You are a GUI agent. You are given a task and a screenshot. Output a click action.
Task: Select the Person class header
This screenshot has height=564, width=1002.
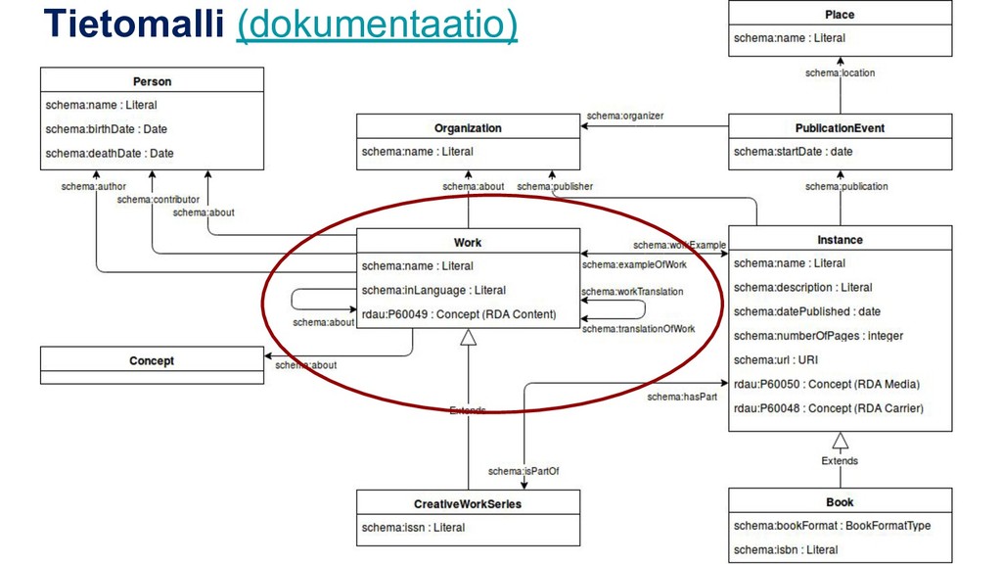pos(152,80)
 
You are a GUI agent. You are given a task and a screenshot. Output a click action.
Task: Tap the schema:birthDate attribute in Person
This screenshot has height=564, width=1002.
pos(106,129)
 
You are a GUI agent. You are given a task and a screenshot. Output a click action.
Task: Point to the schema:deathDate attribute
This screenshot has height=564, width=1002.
pos(109,153)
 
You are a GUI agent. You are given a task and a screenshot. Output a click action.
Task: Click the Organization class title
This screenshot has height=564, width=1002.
pos(468,127)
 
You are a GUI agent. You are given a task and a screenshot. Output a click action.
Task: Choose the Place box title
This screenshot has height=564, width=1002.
pos(840,15)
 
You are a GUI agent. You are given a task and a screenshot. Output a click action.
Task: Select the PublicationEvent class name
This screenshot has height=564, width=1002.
pos(840,127)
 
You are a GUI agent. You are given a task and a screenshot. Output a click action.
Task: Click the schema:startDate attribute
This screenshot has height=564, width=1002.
pos(793,152)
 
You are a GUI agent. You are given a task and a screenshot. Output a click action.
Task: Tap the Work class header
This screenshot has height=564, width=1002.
pos(468,242)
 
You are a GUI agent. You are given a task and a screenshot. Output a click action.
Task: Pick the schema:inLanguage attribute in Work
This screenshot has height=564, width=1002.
pos(433,290)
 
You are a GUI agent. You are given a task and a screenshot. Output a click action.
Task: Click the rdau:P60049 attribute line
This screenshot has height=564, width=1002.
pos(458,314)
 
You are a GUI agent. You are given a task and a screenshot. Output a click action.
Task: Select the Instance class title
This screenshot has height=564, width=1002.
pos(840,239)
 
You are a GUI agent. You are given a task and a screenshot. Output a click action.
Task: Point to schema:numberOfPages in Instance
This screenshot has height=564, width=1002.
pos(818,336)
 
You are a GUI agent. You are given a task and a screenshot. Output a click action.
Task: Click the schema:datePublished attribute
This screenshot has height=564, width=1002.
pos(806,311)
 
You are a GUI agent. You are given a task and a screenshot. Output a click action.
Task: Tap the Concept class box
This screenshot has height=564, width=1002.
pos(152,361)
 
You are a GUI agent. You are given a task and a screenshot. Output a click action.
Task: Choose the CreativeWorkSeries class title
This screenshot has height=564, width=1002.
pos(468,503)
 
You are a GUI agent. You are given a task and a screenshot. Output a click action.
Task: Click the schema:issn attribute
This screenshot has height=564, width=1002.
pos(413,528)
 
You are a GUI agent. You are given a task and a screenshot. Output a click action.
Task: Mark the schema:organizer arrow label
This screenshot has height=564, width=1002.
pos(624,116)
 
